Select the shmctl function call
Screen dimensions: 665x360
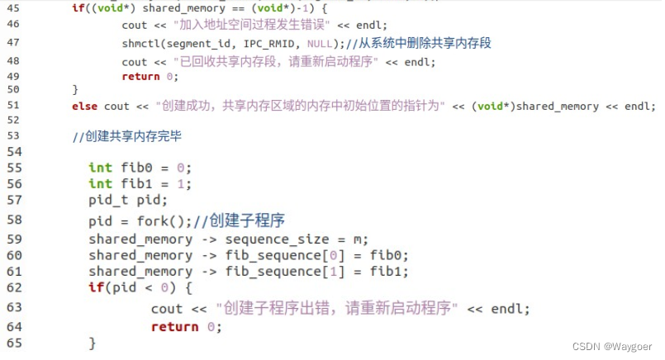click(141, 43)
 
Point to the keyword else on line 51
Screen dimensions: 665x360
click(85, 106)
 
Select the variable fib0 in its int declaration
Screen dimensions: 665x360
click(132, 168)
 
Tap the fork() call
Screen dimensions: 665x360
click(165, 220)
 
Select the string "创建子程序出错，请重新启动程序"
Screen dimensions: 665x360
click(336, 308)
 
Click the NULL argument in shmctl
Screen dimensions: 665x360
click(316, 43)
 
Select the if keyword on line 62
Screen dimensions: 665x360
click(95, 287)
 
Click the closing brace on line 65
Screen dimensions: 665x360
click(93, 342)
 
